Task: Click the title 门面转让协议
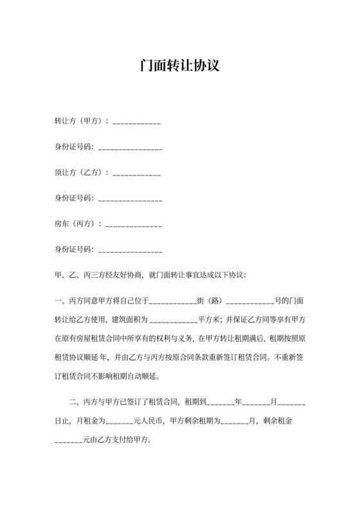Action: tap(179, 66)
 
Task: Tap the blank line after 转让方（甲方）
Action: tap(136, 121)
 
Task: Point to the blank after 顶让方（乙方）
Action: tap(136, 173)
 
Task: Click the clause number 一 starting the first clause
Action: tap(59, 299)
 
